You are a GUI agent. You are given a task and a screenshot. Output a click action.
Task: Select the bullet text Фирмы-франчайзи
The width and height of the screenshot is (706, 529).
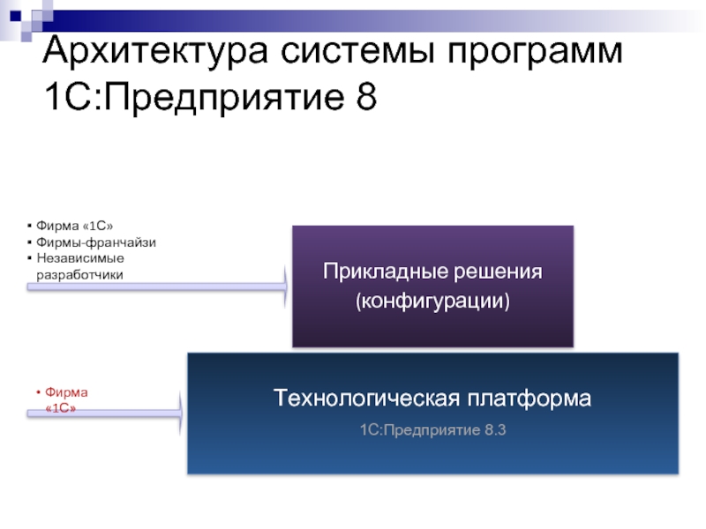(95, 242)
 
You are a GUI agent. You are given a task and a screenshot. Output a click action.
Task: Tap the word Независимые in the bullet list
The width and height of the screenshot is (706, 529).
(79, 258)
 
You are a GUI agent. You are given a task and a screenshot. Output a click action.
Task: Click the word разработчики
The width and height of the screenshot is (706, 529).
(79, 274)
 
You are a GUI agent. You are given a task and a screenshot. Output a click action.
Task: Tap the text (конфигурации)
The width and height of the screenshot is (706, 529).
(432, 302)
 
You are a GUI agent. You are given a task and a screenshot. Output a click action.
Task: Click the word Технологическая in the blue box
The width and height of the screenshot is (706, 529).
(368, 399)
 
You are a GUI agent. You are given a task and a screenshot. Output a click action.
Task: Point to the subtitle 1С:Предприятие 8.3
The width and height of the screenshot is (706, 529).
(432, 429)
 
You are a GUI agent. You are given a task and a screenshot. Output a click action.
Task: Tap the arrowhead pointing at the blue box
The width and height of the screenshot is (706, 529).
(179, 412)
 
